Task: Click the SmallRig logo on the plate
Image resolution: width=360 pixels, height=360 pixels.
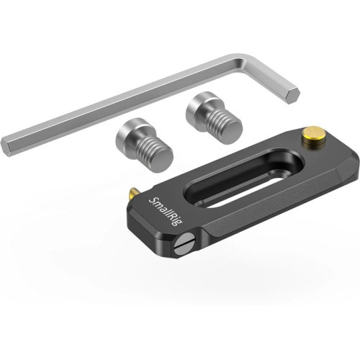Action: (x=166, y=211)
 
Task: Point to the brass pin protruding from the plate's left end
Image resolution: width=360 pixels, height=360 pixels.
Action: (x=133, y=193)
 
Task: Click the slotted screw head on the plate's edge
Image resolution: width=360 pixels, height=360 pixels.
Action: (x=185, y=247)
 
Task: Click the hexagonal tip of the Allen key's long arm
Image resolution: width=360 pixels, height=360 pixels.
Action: (x=7, y=147)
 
